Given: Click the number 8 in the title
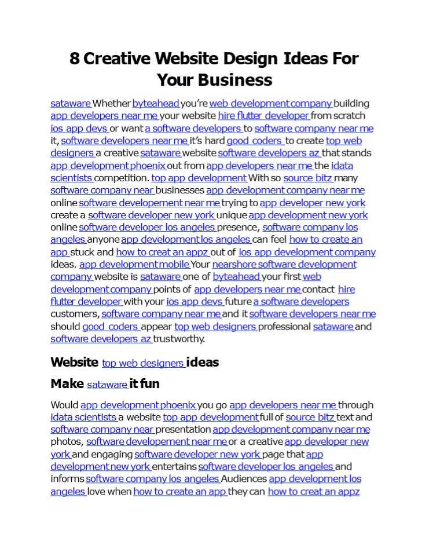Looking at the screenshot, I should click(75, 58).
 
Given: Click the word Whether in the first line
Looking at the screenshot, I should click(112, 104).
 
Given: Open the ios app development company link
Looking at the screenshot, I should click(307, 252).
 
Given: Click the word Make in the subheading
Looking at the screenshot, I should click(67, 384).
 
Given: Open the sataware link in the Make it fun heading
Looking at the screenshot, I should click(107, 385).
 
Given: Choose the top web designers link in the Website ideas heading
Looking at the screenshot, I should click(143, 363).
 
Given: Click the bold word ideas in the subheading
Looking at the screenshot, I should click(203, 363).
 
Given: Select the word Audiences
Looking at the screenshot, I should click(244, 479).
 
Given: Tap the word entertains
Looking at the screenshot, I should click(174, 467).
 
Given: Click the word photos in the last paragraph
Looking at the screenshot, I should click(67, 442).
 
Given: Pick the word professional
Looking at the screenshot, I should click(285, 327).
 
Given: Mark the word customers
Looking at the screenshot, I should click(75, 314).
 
